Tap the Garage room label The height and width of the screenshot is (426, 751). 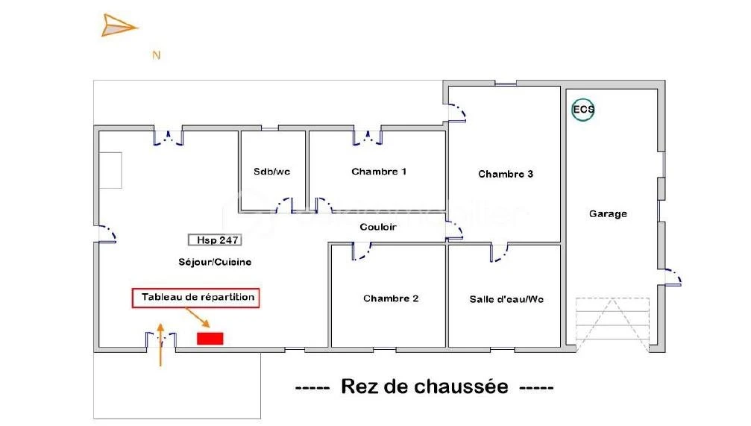608,213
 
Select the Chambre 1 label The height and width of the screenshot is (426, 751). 379,172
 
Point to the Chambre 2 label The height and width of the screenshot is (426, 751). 391,298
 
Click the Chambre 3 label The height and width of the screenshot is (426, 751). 506,174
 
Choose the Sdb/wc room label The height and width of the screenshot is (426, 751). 271,172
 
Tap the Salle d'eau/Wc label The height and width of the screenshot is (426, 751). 506,299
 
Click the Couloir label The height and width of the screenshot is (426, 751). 378,227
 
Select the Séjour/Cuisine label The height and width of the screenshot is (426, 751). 215,262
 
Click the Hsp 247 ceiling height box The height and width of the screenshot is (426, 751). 215,240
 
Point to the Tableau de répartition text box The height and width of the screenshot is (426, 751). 195,298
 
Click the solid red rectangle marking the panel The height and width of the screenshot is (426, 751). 210,338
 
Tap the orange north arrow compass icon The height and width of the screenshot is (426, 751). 119,25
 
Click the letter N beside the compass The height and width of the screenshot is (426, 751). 156,56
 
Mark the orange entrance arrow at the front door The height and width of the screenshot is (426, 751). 160,345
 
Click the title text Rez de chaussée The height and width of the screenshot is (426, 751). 424,386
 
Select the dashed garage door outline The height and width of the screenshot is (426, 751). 612,325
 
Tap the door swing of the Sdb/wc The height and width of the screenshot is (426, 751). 286,204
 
